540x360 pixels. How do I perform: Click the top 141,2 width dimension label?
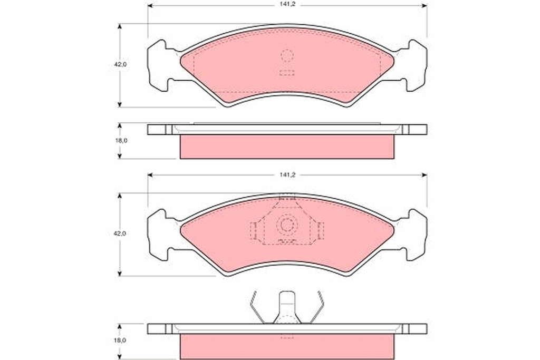click(287, 4)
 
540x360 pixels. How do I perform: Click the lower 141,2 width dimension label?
click(287, 175)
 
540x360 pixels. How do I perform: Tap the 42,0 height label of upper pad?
click(121, 64)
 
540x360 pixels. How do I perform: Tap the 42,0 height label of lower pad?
click(121, 233)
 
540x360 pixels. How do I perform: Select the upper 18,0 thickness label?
click(121, 140)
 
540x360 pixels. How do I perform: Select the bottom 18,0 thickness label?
click(121, 340)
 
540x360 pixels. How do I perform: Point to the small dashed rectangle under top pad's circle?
click(287, 73)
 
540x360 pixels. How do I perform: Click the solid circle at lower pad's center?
click(286, 225)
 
